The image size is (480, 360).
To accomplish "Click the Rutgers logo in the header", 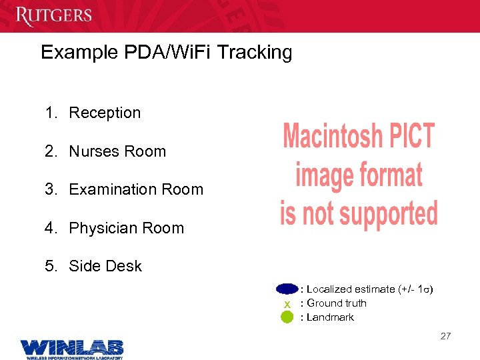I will (54, 14).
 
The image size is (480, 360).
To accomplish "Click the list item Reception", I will (105, 113).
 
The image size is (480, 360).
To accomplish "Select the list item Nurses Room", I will (117, 151).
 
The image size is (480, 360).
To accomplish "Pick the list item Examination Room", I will (136, 189).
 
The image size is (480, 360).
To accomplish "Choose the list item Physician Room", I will (126, 228).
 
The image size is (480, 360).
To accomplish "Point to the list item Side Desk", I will (105, 266).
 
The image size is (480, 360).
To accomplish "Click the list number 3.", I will (50, 189).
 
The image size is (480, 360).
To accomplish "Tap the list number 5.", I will (50, 266).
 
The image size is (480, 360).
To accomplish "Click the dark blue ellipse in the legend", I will (287, 289).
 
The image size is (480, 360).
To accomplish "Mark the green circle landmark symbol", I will (287, 317).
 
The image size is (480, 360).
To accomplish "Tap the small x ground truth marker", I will (287, 304).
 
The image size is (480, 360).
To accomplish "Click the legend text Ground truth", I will (337, 303).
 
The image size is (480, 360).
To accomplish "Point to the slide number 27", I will (445, 336).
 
